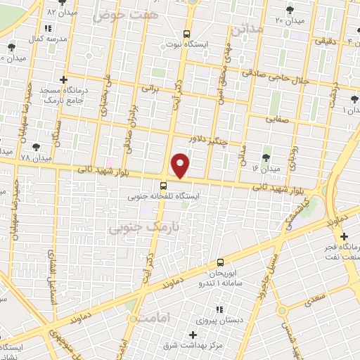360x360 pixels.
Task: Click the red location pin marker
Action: click(181, 165)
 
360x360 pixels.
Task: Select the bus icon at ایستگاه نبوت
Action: click(186, 34)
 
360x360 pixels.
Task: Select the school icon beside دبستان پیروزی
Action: click(219, 309)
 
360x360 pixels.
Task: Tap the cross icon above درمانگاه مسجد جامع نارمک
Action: click(64, 79)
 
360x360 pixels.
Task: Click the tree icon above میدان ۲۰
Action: click(290, 10)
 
